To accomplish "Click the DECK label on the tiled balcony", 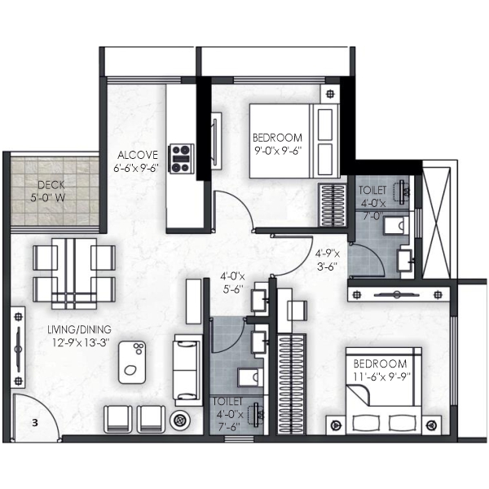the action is point(51,185).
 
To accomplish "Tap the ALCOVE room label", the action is point(138,155).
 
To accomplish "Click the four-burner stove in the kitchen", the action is point(181,158).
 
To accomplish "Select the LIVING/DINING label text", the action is point(79,329).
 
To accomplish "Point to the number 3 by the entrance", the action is point(35,423).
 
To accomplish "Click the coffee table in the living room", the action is point(132,363).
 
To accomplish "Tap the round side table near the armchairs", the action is point(180,421).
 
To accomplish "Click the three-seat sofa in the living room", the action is point(188,370).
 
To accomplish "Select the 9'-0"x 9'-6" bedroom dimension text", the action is point(279,151).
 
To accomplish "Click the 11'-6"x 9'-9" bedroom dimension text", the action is point(381,377).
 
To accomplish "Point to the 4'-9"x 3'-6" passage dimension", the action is point(327,260).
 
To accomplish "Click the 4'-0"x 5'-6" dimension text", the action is point(232,283).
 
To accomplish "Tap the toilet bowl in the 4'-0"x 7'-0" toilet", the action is point(396,225).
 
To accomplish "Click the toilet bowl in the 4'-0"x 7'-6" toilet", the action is point(250,378).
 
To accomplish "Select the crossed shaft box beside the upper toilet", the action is point(436,222).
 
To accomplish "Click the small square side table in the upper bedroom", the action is point(330,94).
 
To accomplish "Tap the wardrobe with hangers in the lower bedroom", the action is point(292,384).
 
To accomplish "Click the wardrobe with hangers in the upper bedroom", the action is point(333,205).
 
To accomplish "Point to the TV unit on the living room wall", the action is point(18,347).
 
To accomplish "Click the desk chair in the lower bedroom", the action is point(297,311).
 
